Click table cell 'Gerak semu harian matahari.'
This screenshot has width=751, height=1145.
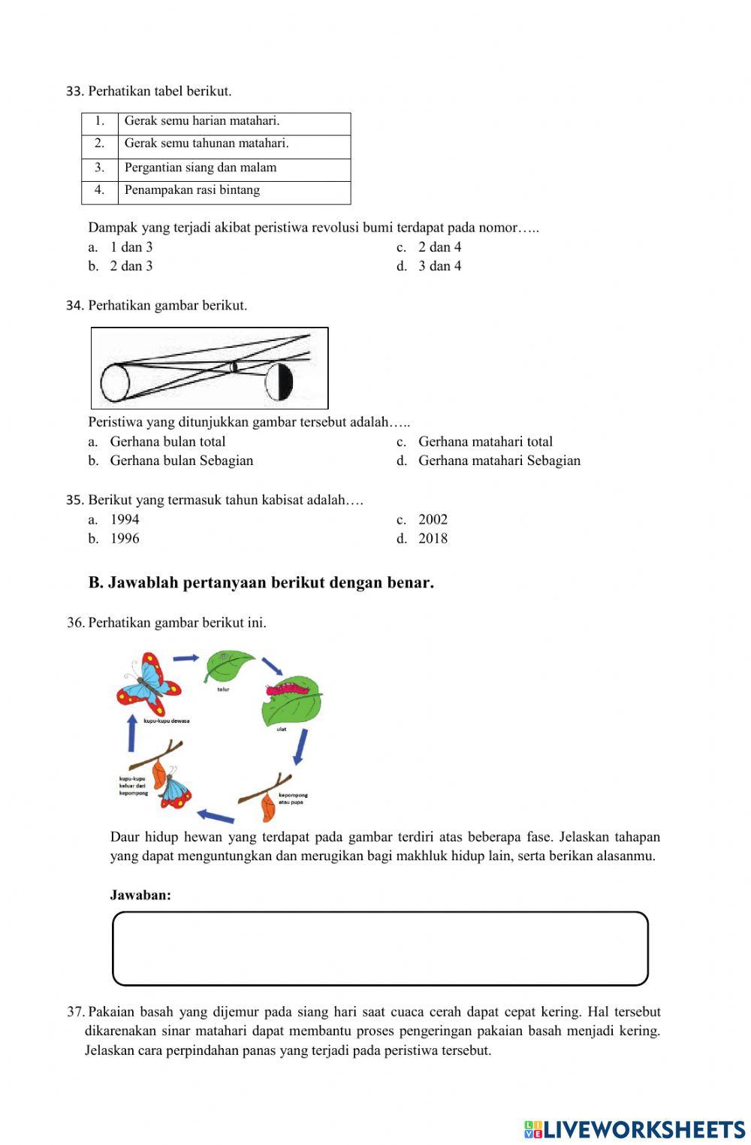(x=202, y=121)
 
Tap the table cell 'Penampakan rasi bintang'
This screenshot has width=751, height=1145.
(x=192, y=190)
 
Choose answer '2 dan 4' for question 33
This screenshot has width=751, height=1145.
(x=439, y=247)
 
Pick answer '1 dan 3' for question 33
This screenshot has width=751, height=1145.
(x=131, y=247)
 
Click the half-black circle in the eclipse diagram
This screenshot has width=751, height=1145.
(x=279, y=382)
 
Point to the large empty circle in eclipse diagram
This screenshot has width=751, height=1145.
(x=116, y=382)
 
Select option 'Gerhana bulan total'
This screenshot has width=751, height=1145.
(x=167, y=442)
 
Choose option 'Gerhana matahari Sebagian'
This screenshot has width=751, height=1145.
(x=499, y=461)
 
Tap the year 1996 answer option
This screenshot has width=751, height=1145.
(x=125, y=539)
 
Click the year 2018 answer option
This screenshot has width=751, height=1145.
(x=433, y=539)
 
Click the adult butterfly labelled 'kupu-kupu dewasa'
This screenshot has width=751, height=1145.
(x=149, y=684)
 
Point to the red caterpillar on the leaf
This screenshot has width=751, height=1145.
(x=288, y=687)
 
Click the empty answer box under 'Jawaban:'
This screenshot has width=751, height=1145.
(x=380, y=948)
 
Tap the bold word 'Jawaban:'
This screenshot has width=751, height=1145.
(x=140, y=895)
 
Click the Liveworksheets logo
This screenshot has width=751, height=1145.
(x=634, y=1128)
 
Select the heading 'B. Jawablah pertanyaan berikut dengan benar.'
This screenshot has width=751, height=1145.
(x=261, y=582)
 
